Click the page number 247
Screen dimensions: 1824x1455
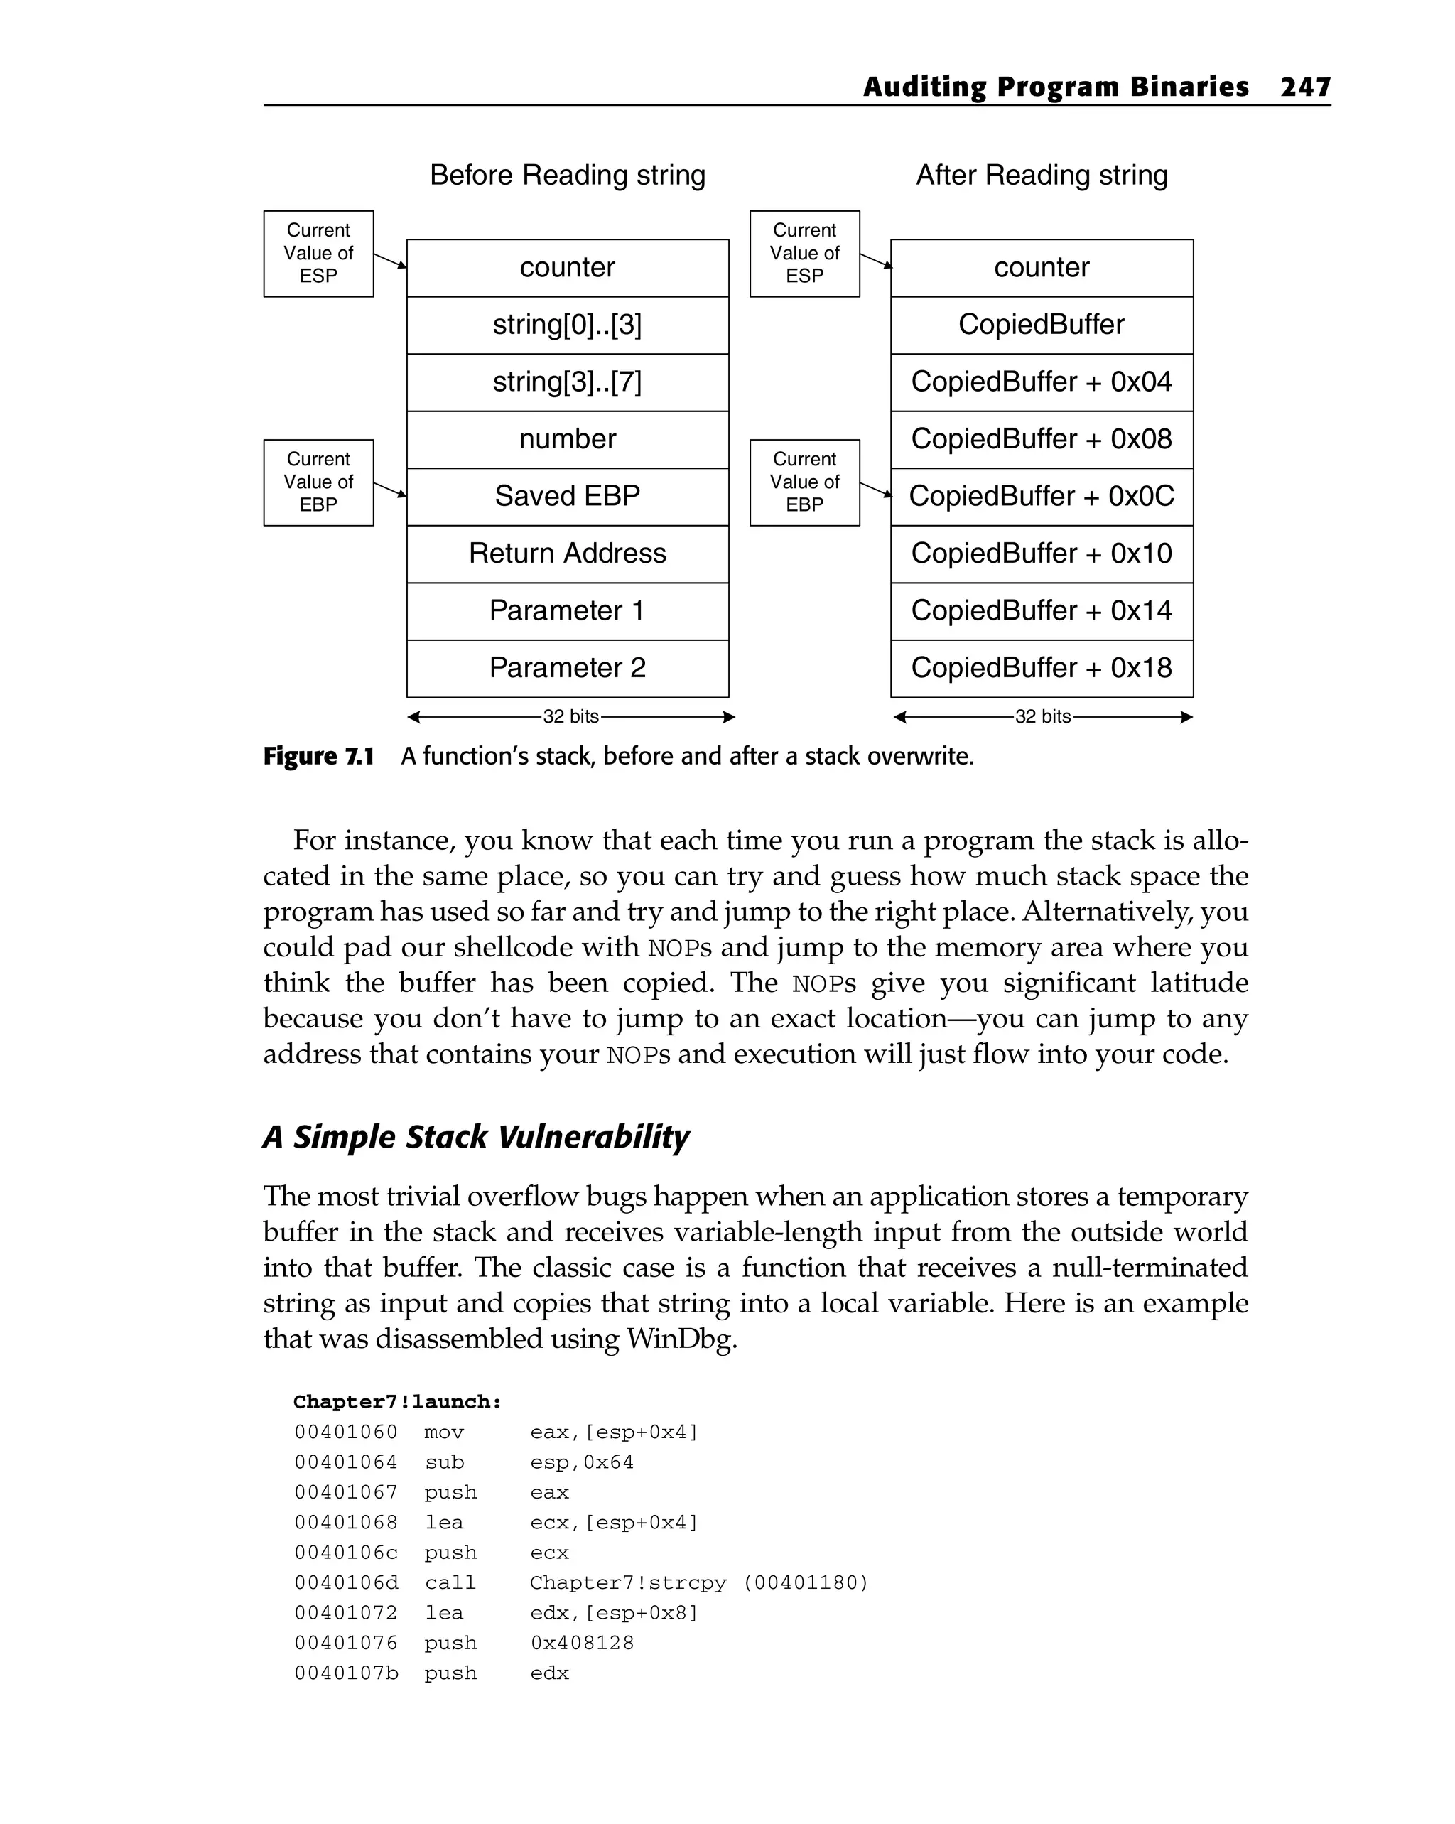[1305, 87]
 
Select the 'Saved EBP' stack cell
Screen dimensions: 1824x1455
[567, 497]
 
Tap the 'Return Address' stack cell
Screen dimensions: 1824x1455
[567, 554]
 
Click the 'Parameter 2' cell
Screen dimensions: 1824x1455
[567, 669]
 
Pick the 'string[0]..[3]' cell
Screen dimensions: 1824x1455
[567, 325]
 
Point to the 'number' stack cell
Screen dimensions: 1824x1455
[567, 439]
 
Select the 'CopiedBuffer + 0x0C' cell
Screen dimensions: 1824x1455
[1042, 497]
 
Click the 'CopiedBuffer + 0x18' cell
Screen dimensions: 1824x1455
[1042, 669]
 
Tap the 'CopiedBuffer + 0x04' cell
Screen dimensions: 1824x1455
[1042, 382]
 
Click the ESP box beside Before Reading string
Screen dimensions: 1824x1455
[318, 254]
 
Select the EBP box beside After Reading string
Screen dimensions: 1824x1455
[804, 482]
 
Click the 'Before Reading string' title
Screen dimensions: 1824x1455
[567, 175]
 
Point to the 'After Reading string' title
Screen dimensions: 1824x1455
[1042, 175]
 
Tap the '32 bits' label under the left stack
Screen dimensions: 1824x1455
[571, 716]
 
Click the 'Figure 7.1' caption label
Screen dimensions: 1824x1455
[319, 756]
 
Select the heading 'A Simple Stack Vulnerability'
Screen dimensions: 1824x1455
[476, 1137]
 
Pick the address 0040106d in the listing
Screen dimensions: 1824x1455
[346, 1583]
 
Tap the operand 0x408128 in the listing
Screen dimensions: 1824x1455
[582, 1643]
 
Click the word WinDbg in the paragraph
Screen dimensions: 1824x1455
[681, 1339]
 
